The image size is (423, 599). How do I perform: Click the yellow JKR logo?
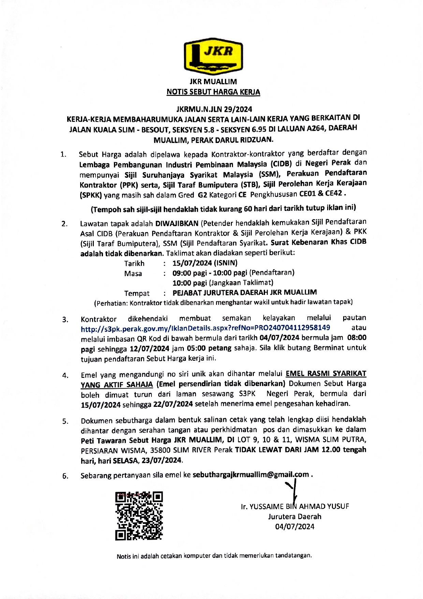213,56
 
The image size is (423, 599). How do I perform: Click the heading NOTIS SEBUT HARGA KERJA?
213,92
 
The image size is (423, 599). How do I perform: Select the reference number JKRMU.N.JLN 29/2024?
214,109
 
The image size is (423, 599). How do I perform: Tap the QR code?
139,516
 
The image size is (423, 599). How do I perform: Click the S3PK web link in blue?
205,328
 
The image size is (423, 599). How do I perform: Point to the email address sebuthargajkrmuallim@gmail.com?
251,475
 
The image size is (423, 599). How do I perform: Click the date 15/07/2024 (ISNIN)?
205,263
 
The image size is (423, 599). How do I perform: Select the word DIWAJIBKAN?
177,224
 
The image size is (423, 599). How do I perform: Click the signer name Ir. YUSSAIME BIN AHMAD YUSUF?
295,507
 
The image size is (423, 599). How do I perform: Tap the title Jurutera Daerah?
295,516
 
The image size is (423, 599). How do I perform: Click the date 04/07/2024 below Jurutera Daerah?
295,527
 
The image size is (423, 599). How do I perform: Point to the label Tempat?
137,294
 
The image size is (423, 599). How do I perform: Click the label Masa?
133,274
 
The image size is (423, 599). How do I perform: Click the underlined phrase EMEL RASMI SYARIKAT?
326,374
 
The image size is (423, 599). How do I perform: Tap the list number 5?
65,422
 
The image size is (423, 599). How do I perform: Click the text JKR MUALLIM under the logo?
213,82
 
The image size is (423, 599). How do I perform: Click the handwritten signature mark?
293,488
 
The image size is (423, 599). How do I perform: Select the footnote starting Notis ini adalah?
214,556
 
